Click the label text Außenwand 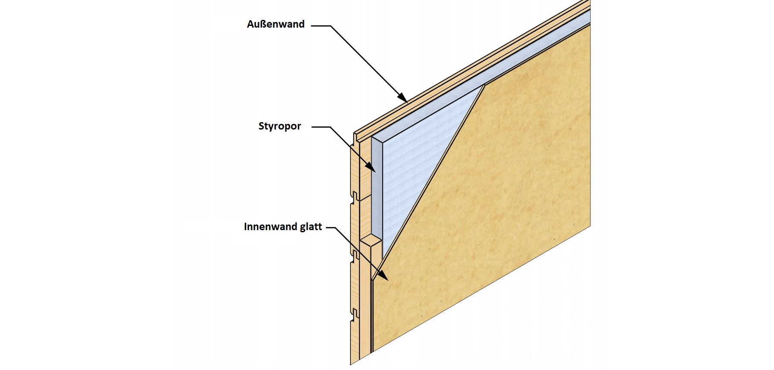(275, 24)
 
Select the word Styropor (280, 126)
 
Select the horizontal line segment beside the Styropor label (321, 127)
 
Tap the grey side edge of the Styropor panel (376, 190)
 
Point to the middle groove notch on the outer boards (354, 196)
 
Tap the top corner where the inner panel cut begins (484, 85)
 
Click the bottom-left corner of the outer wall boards (351, 364)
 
